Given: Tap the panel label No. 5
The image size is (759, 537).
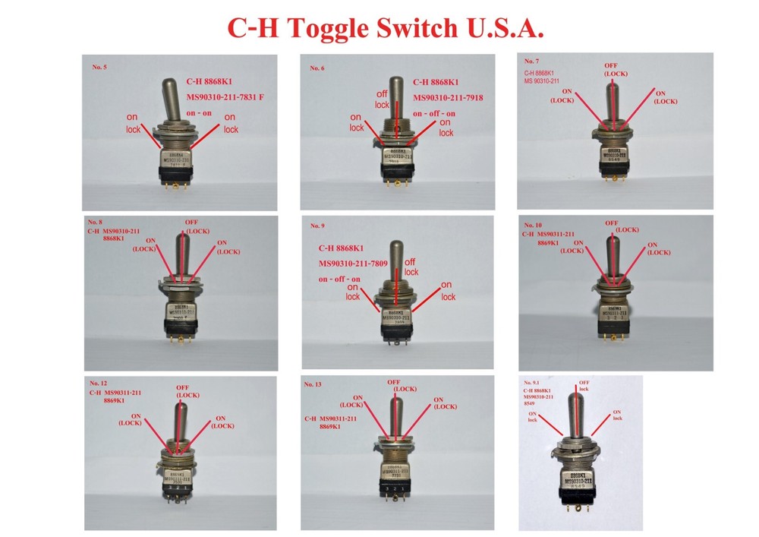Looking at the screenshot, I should (99, 68).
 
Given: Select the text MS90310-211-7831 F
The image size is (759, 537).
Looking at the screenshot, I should (229, 97).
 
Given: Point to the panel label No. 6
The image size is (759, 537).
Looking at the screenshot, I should (317, 68).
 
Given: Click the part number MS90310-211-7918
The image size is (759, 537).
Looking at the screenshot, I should (448, 98).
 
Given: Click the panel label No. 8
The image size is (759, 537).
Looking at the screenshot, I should (95, 222).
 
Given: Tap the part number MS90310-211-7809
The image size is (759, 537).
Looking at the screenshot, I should (353, 264).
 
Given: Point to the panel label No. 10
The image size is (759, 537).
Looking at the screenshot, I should (534, 226).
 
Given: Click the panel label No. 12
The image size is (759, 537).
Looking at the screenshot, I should (99, 383).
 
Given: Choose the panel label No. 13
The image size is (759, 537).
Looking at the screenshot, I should (313, 384).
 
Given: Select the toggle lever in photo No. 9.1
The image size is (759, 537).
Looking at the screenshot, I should (579, 419).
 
